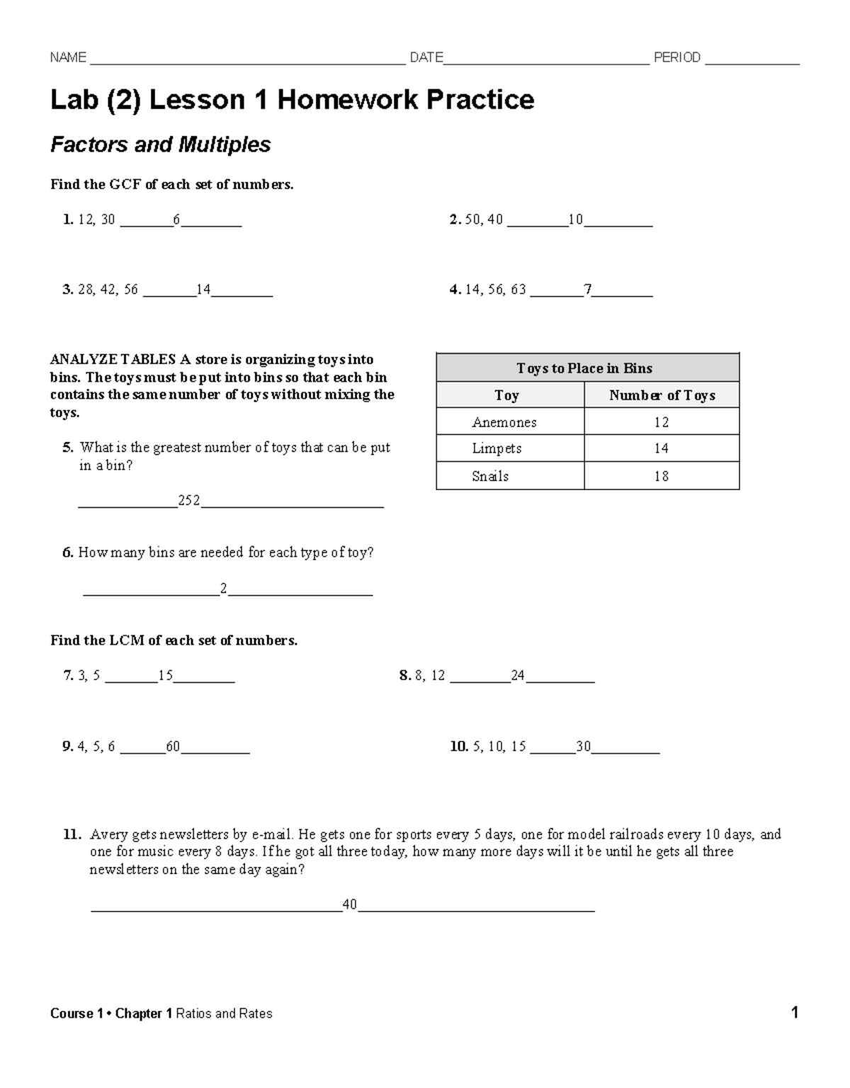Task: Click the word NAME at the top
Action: pos(68,58)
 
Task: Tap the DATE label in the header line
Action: pos(426,58)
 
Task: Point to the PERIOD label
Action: pos(677,58)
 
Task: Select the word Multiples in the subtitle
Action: pos(225,145)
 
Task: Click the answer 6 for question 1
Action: pos(176,220)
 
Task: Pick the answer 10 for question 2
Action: pos(575,220)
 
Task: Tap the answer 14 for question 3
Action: pos(203,290)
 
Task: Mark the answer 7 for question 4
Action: pos(587,290)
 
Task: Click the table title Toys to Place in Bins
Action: pos(584,368)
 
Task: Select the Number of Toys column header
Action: pos(662,395)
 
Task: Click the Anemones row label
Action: pos(504,423)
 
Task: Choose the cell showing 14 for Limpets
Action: pos(662,448)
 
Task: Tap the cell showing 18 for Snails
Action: pos(662,476)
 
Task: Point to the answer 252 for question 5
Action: pos(189,501)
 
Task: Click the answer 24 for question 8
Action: pos(518,676)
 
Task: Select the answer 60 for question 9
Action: pos(173,747)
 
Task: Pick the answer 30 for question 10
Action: pos(584,747)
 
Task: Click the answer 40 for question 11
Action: pos(350,905)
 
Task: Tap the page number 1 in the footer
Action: pos(795,1013)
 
